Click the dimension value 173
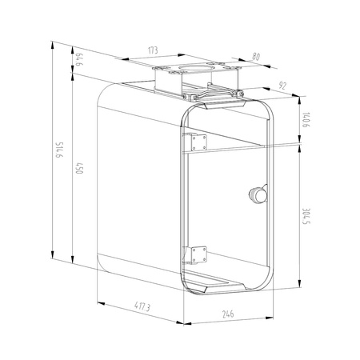pos(152,50)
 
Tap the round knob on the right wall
pos(259,194)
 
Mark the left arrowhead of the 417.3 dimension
pos(99,302)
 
